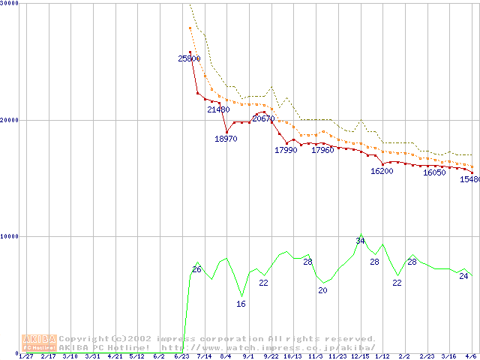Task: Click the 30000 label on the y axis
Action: [x=10, y=4]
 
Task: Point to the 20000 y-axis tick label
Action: [x=10, y=120]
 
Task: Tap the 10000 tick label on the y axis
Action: [x=10, y=236]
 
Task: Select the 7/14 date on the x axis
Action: [x=203, y=357]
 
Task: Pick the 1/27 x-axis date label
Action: [x=25, y=357]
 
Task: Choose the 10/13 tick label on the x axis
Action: [x=292, y=357]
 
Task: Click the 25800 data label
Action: [x=189, y=58]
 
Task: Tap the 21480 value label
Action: [x=218, y=109]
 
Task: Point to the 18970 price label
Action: [x=226, y=139]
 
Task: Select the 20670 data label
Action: [x=263, y=118]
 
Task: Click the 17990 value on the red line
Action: [x=286, y=150]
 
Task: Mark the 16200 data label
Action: [x=382, y=171]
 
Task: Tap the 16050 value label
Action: [x=434, y=172]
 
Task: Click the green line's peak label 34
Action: [x=360, y=241]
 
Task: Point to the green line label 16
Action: [x=241, y=304]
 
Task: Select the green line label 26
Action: [x=196, y=269]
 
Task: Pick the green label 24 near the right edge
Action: [x=463, y=276]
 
